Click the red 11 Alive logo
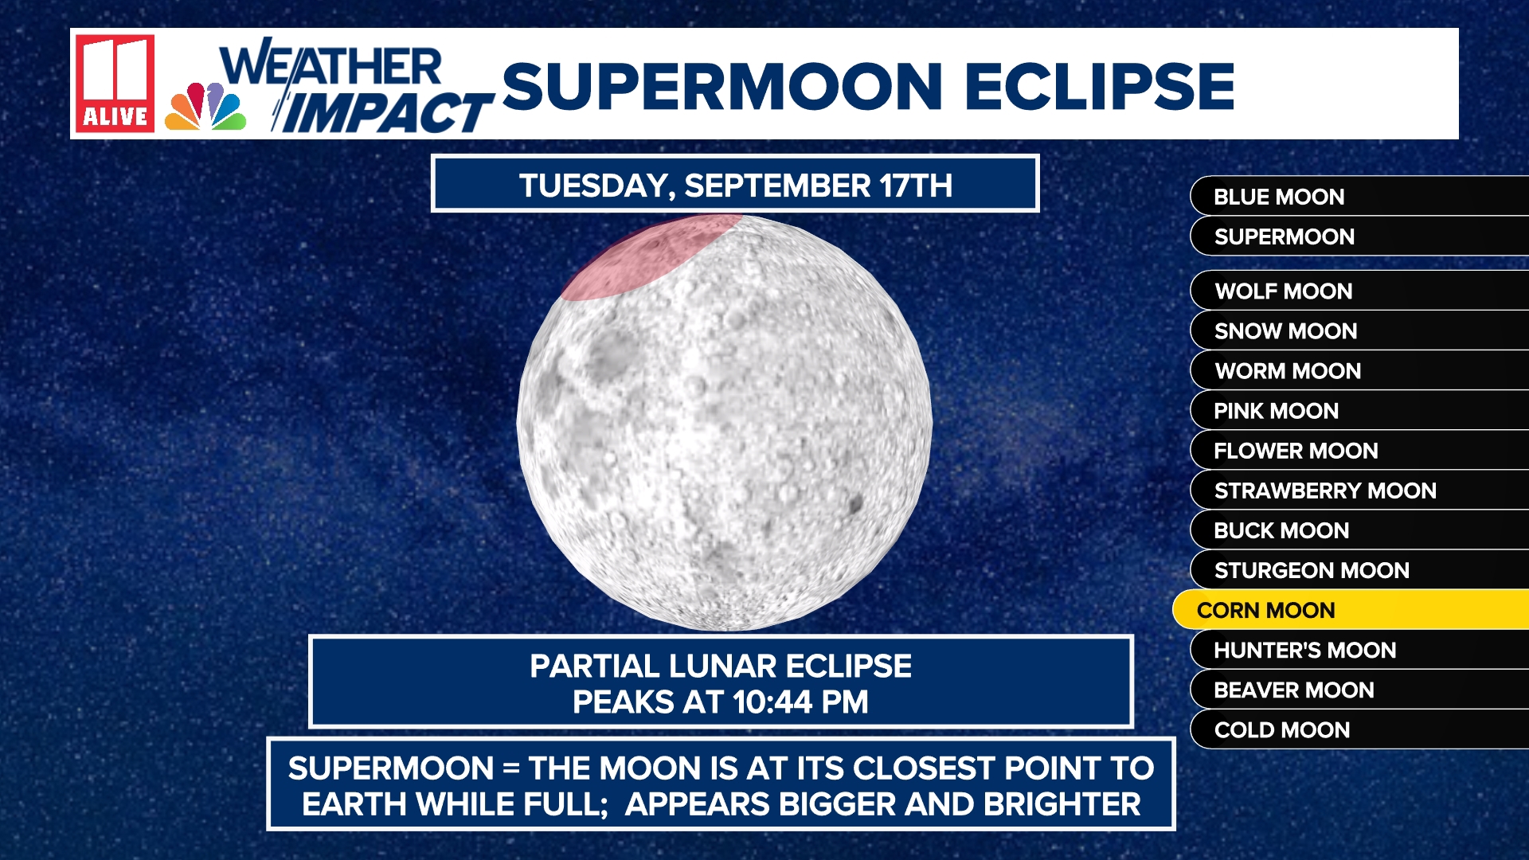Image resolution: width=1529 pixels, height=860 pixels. pyautogui.click(x=115, y=83)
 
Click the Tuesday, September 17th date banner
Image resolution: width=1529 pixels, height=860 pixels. pyautogui.click(x=735, y=184)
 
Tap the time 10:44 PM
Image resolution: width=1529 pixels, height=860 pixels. pyautogui.click(x=800, y=702)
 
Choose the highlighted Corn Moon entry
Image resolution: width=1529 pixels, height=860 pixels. pyautogui.click(x=1351, y=610)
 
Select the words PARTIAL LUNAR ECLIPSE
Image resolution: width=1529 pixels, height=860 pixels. pyautogui.click(x=721, y=666)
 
